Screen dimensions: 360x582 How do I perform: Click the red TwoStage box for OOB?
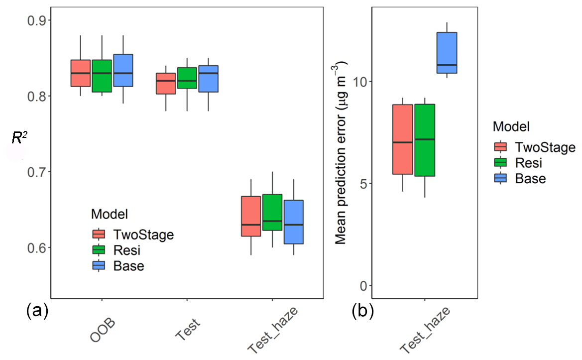[80, 73]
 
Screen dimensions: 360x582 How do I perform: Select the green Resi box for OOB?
[102, 76]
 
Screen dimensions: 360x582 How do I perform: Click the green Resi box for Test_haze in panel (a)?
[272, 212]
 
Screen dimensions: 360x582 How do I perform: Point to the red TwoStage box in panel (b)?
[403, 139]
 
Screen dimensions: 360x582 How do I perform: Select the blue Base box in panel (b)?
[447, 53]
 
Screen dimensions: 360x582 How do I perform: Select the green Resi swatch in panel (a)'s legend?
[99, 249]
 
